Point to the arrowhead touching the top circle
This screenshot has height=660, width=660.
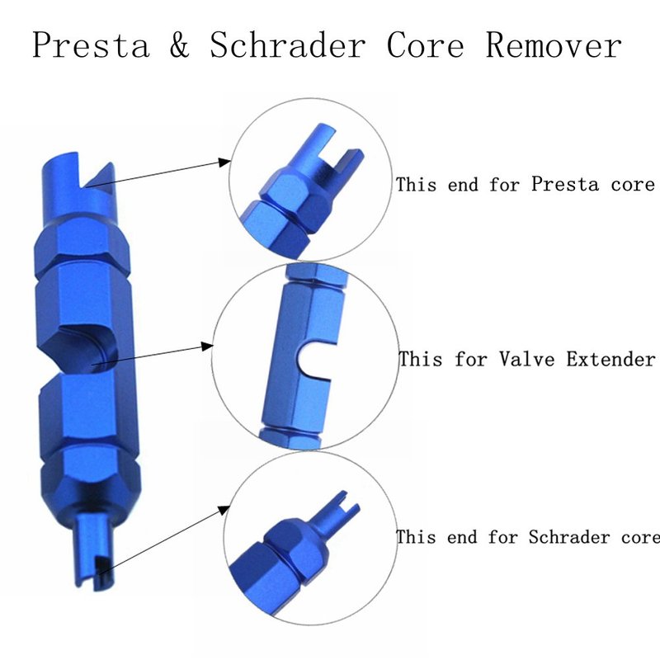(x=226, y=163)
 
